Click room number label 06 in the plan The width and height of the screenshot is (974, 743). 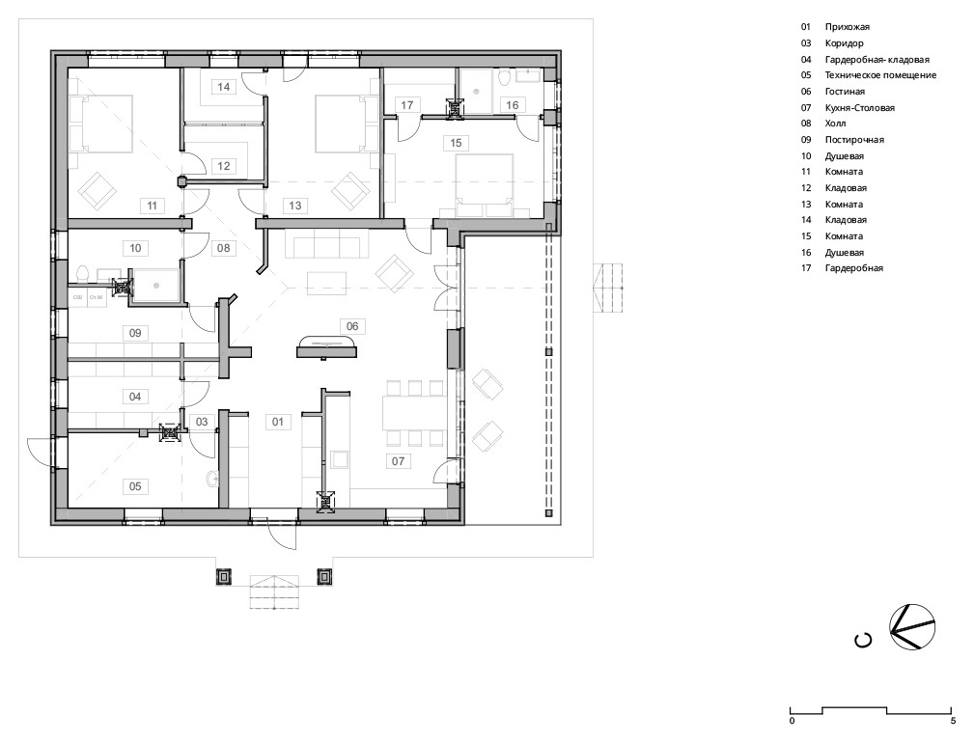tap(352, 326)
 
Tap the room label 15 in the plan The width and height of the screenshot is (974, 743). tap(456, 143)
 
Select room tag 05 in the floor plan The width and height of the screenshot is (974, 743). tap(135, 486)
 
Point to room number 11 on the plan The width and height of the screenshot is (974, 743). tap(153, 206)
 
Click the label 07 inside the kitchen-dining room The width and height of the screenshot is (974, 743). tap(398, 461)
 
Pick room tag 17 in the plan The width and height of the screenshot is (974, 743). tap(406, 105)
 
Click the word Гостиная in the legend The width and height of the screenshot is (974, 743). tap(845, 92)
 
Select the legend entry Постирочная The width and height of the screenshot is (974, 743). tap(854, 140)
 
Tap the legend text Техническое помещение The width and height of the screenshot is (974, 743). tap(880, 75)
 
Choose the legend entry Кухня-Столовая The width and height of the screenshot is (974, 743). tap(860, 107)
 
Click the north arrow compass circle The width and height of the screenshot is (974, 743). tap(912, 627)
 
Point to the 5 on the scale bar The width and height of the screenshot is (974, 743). tap(953, 721)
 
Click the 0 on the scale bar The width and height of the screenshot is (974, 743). tap(792, 721)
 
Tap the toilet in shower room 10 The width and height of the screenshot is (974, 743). tap(83, 274)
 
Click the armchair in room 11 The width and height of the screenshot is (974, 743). tap(97, 190)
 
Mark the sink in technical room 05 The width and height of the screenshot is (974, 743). tap(211, 478)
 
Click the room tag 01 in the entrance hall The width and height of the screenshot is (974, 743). tap(278, 422)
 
